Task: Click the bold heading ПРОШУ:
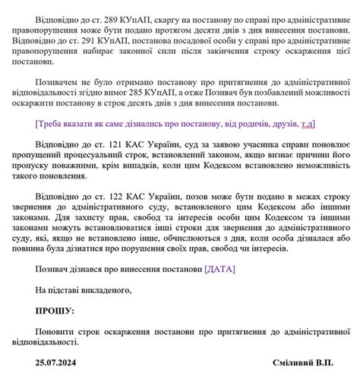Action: point(55,310)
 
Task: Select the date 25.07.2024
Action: point(56,363)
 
